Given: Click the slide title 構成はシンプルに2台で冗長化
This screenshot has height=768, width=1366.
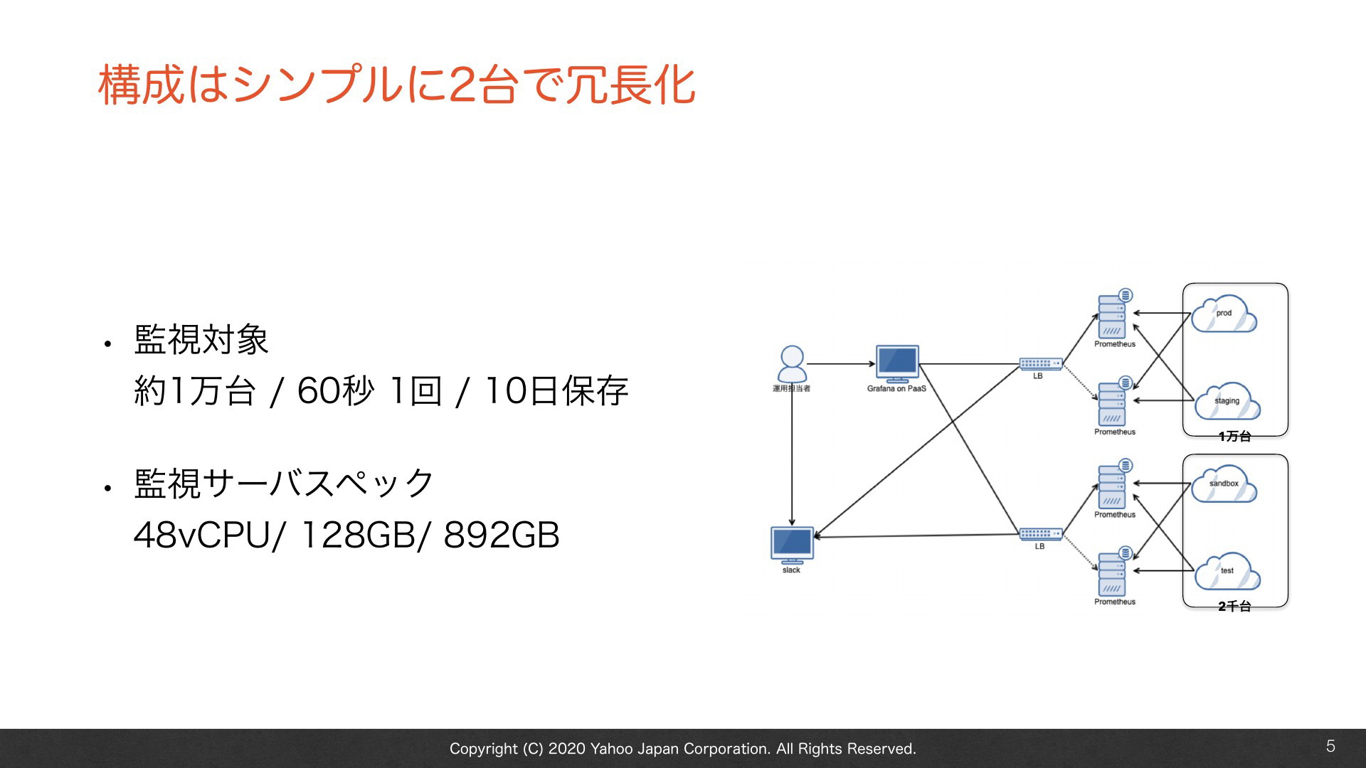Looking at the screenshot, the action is pyautogui.click(x=396, y=85).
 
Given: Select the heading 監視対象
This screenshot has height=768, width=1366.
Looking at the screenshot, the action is pyautogui.click(x=201, y=339).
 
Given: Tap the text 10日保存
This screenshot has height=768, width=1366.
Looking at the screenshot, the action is pyautogui.click(x=556, y=390).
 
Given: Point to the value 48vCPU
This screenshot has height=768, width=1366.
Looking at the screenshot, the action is pyautogui.click(x=202, y=535).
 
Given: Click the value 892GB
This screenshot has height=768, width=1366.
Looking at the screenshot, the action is pyautogui.click(x=502, y=535).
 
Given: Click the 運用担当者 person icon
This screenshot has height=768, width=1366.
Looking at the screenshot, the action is pyautogui.click(x=792, y=364).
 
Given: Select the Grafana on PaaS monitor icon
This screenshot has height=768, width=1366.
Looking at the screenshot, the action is pyautogui.click(x=897, y=364).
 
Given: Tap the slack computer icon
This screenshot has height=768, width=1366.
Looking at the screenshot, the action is pyautogui.click(x=792, y=545).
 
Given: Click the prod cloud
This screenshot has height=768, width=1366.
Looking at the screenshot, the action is pyautogui.click(x=1224, y=314).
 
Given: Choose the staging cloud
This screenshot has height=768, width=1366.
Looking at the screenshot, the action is pyautogui.click(x=1227, y=401).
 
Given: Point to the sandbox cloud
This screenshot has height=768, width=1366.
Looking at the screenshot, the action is pyautogui.click(x=1224, y=484).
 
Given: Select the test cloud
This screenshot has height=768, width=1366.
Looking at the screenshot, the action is pyautogui.click(x=1227, y=571).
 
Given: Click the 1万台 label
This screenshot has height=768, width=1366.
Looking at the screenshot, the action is pyautogui.click(x=1234, y=436).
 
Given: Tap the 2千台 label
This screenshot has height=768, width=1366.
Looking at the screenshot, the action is pyautogui.click(x=1234, y=606).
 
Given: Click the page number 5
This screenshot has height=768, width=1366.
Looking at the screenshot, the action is pyautogui.click(x=1330, y=746).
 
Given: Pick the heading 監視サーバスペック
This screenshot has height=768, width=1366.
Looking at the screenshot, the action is pyautogui.click(x=284, y=484).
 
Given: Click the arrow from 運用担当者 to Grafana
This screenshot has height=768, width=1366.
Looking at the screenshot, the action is pyautogui.click(x=841, y=364).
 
